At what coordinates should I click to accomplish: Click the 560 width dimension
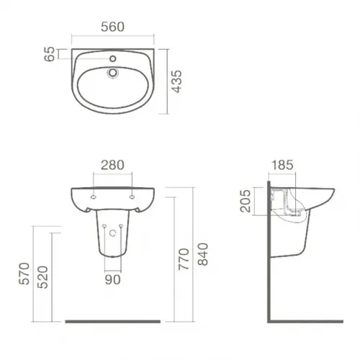coord(112,27)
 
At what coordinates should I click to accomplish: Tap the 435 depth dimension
coord(178,81)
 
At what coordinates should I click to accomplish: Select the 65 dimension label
coord(50,54)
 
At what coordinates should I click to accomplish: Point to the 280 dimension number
coord(112,165)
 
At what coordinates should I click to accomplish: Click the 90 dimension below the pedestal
coord(113,279)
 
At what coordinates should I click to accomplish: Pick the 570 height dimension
coord(24,274)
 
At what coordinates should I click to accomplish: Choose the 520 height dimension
coord(43,277)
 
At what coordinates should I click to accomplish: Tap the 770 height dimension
coord(184,259)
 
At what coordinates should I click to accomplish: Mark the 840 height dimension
coord(203,254)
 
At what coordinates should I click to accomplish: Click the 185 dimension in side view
coord(282,165)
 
